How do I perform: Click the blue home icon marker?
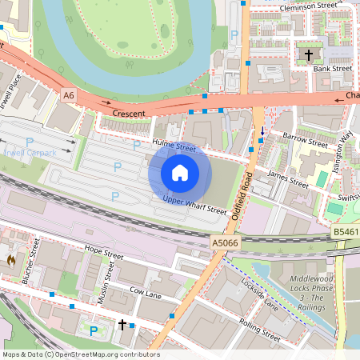(x=180, y=172)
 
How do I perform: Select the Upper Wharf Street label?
(x=194, y=205)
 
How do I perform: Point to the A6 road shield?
(x=69, y=95)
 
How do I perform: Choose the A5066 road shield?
(x=225, y=242)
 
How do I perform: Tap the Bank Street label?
(x=333, y=69)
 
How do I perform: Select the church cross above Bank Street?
(x=309, y=55)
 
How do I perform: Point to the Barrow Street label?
(x=300, y=142)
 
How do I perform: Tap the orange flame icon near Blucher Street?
(x=11, y=259)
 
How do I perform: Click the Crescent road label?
(x=129, y=114)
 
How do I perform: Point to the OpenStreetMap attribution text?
(x=80, y=354)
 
